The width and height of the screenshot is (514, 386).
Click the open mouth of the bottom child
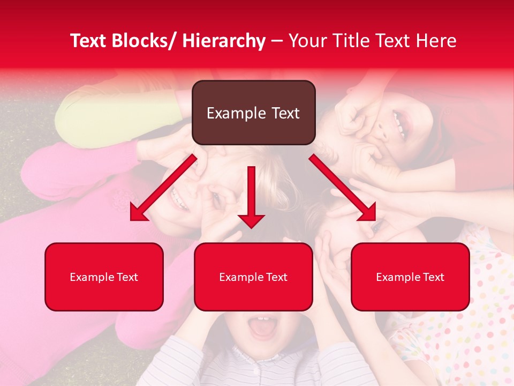262,328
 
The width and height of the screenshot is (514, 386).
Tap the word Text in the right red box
433,277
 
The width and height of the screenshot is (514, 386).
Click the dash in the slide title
277,42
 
